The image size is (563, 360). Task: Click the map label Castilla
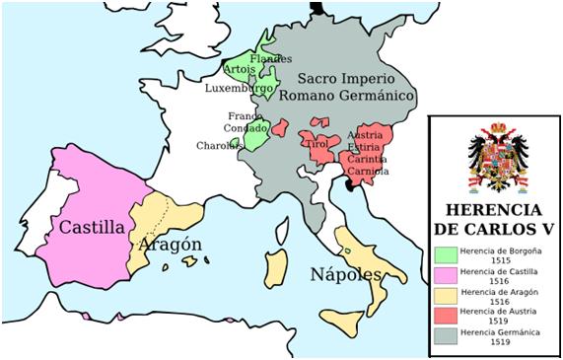pyautogui.click(x=92, y=226)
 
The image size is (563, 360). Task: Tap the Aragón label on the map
pyautogui.click(x=171, y=244)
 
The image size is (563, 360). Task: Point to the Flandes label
pyautogui.click(x=271, y=59)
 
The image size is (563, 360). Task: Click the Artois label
pyautogui.click(x=239, y=70)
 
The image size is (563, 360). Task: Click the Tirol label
pyautogui.click(x=317, y=144)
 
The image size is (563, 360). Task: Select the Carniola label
pyautogui.click(x=368, y=171)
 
